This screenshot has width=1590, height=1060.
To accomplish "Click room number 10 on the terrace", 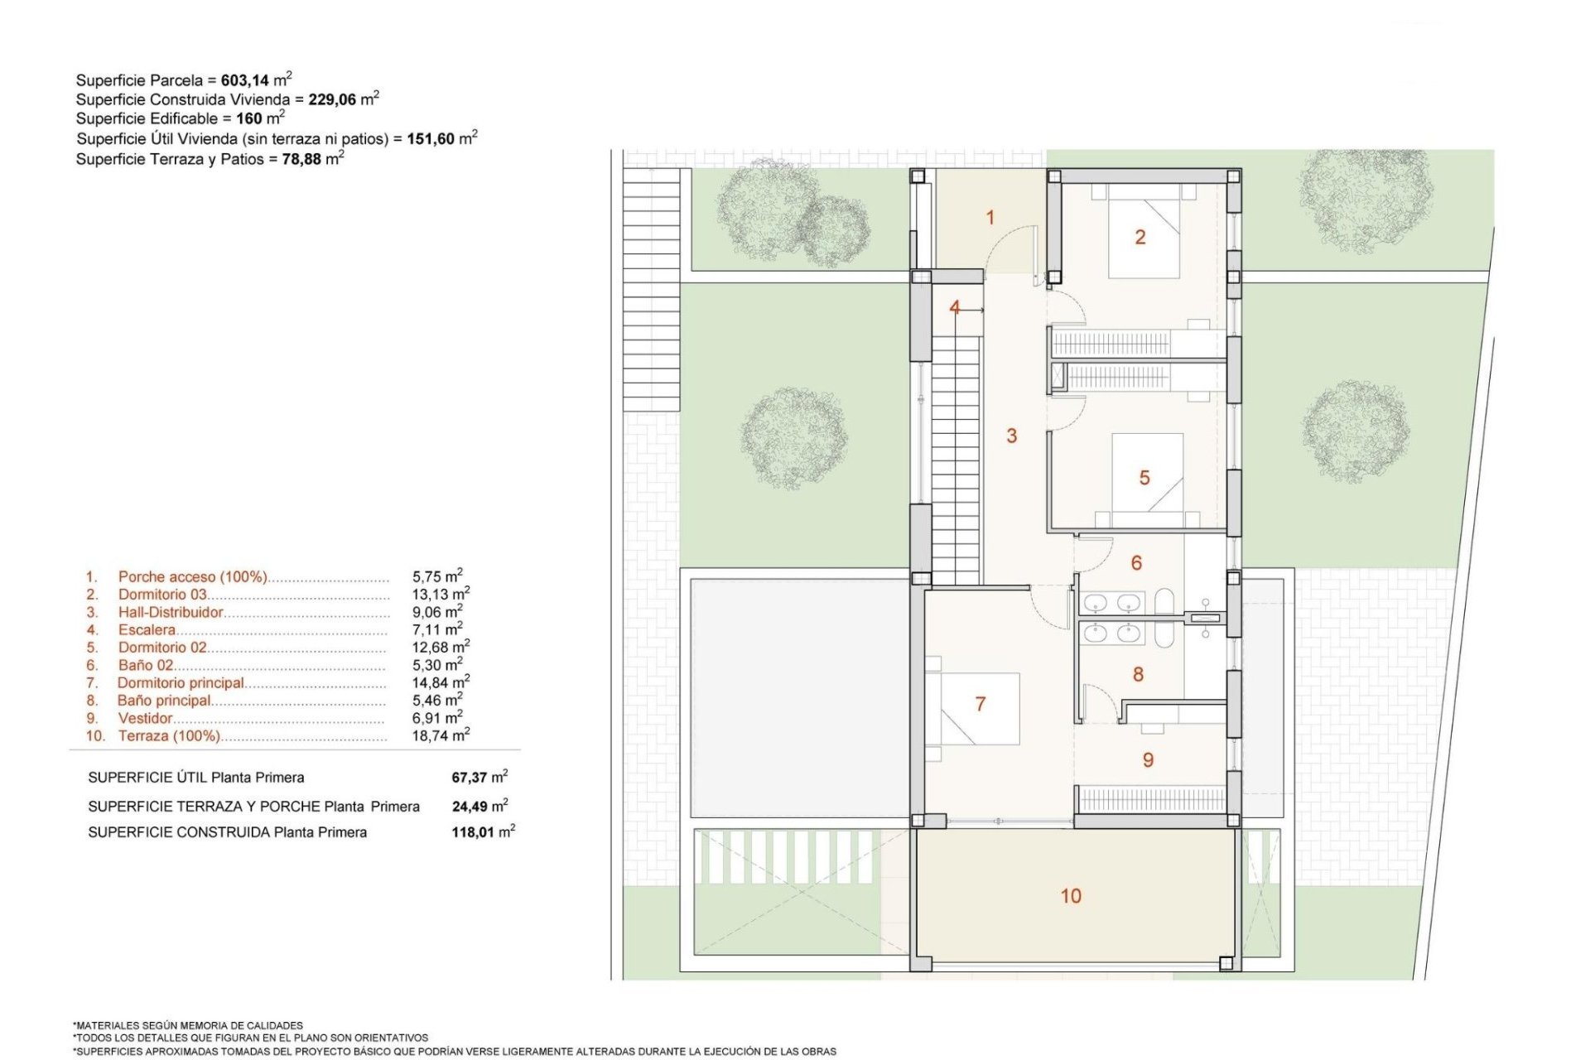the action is [1071, 896].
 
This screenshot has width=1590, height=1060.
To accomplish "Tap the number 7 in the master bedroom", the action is [980, 704].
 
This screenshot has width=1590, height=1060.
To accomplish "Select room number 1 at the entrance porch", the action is [990, 218].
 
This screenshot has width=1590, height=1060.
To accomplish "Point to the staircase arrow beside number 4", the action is [972, 310].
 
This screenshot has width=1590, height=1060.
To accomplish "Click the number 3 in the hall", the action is [1011, 436].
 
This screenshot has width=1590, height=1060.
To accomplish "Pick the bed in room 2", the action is [1144, 232].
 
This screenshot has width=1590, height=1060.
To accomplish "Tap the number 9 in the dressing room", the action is [1148, 760].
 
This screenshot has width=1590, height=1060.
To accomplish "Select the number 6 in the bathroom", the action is [1136, 563].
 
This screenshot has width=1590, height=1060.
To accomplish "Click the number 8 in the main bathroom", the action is [1138, 675].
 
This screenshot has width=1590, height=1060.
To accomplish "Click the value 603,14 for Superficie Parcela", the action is [245, 80].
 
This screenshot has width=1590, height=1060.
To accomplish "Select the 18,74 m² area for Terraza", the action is [441, 735].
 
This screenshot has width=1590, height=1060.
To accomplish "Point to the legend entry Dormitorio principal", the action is [181, 683].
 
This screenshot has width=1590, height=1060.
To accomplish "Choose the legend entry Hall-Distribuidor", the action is [171, 612].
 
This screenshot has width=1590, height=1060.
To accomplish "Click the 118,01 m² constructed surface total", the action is [483, 831].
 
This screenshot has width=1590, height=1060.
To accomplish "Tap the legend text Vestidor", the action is [145, 718].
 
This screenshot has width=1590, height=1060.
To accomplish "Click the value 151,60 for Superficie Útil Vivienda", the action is [431, 139].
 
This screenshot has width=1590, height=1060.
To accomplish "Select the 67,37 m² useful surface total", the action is [479, 777].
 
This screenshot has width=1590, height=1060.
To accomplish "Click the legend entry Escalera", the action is [147, 630].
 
